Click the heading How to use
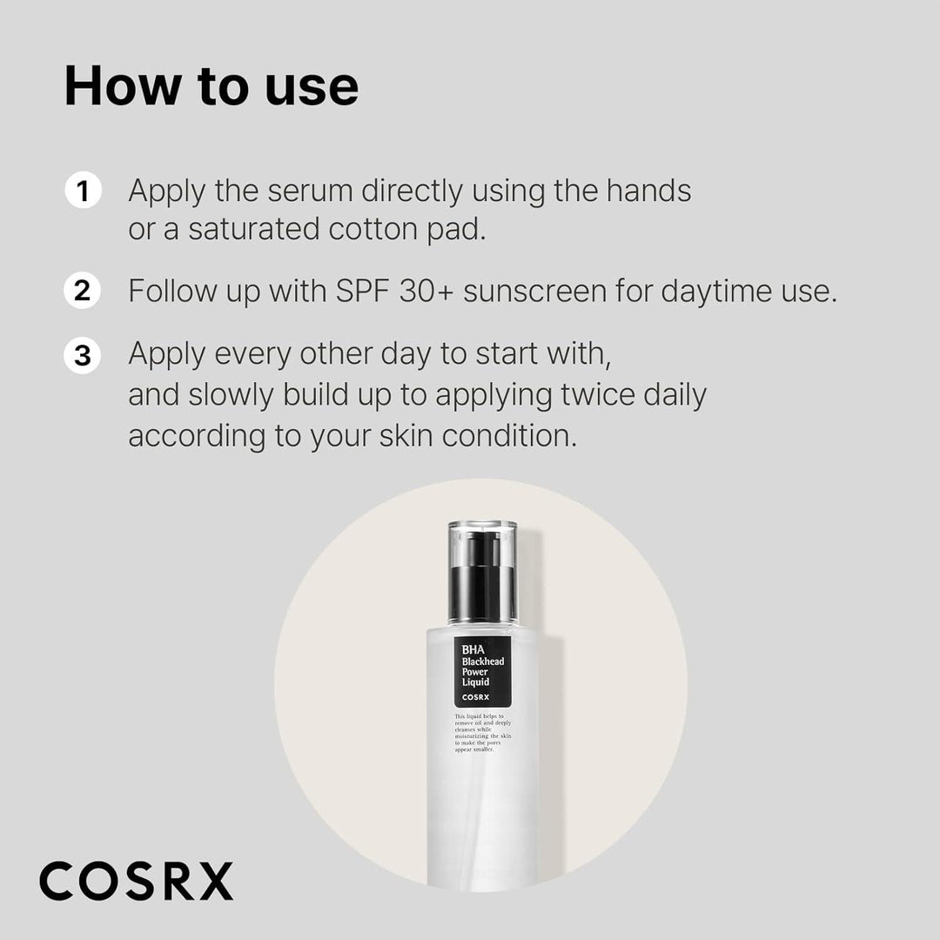click(x=211, y=86)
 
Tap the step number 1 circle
click(x=83, y=191)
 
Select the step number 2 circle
click(x=83, y=291)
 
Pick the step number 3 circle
click(x=83, y=356)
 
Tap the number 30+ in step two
click(x=426, y=291)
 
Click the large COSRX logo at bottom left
click(x=137, y=881)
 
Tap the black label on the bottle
click(x=482, y=671)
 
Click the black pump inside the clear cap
click(x=482, y=577)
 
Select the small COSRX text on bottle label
click(x=476, y=696)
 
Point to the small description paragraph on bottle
click(x=482, y=733)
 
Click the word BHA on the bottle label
click(x=472, y=648)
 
